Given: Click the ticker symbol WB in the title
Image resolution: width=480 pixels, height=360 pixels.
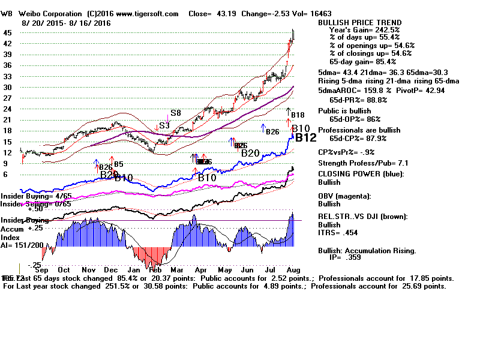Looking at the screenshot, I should tap(7, 13).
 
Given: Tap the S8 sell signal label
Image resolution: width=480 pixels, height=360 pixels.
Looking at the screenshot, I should tap(175, 113).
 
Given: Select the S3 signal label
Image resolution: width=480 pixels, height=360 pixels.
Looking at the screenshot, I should tap(163, 126).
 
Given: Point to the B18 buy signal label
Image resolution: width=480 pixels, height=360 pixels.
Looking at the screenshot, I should tap(298, 115).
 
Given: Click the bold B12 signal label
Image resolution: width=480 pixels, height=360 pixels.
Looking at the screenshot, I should tap(305, 137).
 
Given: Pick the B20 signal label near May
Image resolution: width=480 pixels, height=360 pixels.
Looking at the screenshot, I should tap(250, 153).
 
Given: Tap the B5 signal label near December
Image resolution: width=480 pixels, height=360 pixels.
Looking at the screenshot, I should tap(118, 164).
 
